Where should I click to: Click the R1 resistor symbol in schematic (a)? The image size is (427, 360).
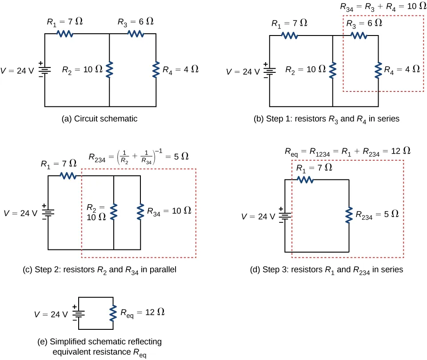(x=66, y=34)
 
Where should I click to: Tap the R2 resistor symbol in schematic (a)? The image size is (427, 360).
(x=109, y=70)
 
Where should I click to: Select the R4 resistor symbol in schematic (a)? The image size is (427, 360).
(x=156, y=70)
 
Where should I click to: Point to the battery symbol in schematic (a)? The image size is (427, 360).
(x=45, y=70)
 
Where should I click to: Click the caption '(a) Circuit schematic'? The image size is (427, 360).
(x=100, y=119)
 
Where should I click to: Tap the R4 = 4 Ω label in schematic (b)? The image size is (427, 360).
(x=402, y=70)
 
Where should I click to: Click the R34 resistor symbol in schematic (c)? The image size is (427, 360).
(x=140, y=211)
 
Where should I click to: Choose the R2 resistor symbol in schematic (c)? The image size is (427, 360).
(x=114, y=212)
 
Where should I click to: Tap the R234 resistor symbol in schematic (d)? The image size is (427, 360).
(x=349, y=215)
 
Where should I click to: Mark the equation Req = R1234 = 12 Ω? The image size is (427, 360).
(x=347, y=151)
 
